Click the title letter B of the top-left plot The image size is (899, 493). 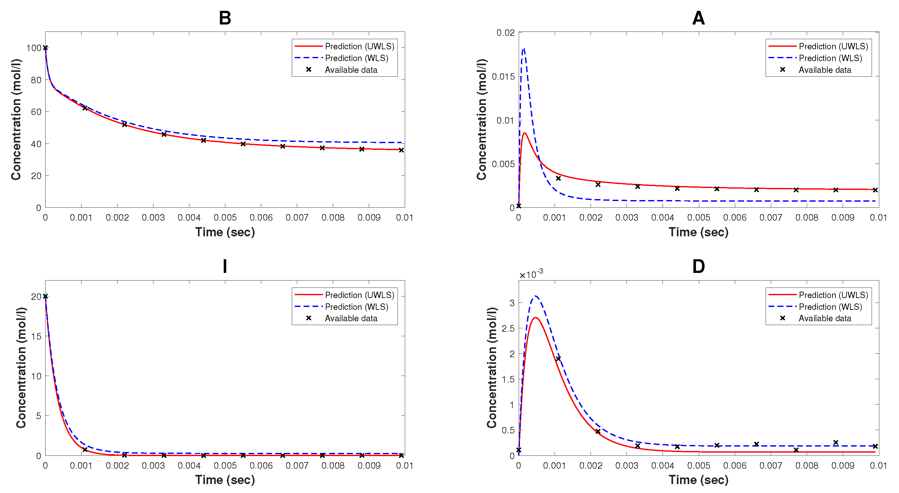(225, 18)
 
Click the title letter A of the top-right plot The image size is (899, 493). (698, 18)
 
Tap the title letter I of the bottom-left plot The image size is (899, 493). (225, 266)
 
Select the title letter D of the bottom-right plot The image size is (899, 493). (698, 266)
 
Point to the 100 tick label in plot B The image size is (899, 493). (33, 48)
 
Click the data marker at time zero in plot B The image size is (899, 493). (46, 48)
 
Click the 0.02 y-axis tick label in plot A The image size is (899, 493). (505, 33)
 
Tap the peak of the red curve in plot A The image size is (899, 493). (524, 133)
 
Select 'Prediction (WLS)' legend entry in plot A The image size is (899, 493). (830, 58)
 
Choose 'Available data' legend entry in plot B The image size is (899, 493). (351, 70)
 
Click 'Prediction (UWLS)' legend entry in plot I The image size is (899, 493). (360, 295)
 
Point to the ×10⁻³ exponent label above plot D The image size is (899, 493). (531, 274)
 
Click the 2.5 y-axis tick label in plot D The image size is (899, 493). (508, 329)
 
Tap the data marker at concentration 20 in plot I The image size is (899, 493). (46, 296)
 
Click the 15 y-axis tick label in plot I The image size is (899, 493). (36, 336)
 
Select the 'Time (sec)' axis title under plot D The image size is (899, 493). (698, 480)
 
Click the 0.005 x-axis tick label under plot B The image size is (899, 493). (225, 218)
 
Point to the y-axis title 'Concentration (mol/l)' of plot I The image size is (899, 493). (21, 367)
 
